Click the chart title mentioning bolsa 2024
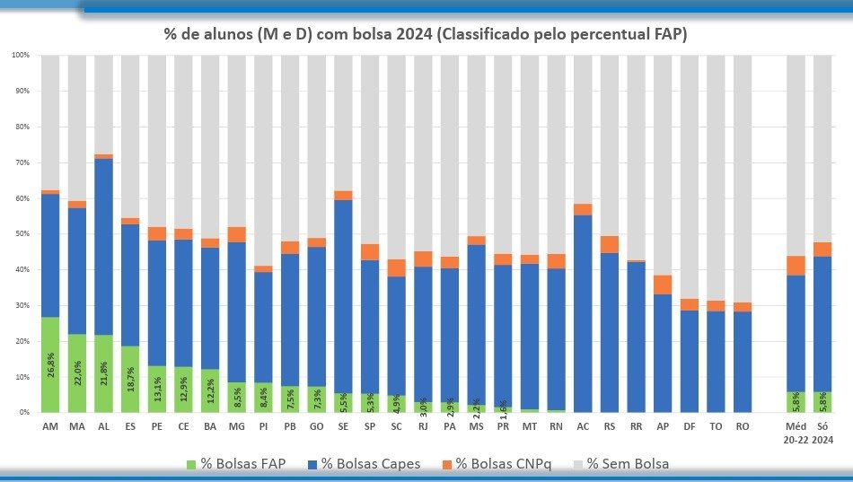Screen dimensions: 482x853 [x=425, y=34]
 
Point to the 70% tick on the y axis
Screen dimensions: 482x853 [x=22, y=162]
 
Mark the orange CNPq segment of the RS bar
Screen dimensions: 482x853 [x=609, y=244]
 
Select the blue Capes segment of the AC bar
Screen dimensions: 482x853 [x=583, y=314]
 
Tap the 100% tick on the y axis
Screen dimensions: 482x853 [x=22, y=56]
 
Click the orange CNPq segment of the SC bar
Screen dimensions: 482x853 [x=396, y=267]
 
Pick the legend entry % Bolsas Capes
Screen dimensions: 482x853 [x=373, y=463]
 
